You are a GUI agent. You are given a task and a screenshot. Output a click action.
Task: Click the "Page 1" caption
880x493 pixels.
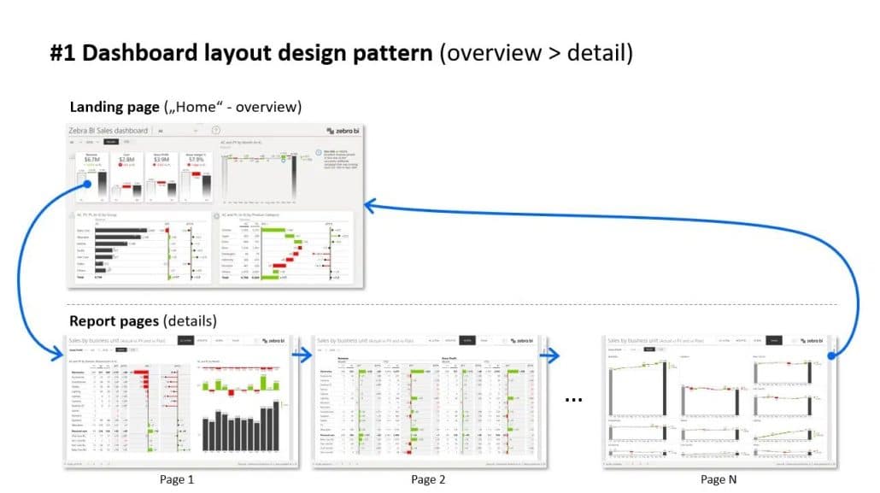[x=177, y=479]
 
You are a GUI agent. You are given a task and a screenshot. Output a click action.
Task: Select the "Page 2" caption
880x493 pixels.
[x=429, y=479]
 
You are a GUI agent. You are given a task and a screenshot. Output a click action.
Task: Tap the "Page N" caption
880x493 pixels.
[x=719, y=479]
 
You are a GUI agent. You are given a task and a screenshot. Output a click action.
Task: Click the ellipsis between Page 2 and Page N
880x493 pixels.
[x=574, y=400]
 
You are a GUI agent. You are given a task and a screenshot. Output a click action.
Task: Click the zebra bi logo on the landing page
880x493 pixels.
[x=341, y=131]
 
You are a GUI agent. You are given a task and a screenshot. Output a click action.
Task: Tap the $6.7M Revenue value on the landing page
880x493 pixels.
[x=91, y=159]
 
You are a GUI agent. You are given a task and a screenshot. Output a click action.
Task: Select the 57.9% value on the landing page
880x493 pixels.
[x=196, y=159]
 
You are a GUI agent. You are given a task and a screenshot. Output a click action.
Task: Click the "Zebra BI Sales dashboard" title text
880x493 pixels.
[x=108, y=131]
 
